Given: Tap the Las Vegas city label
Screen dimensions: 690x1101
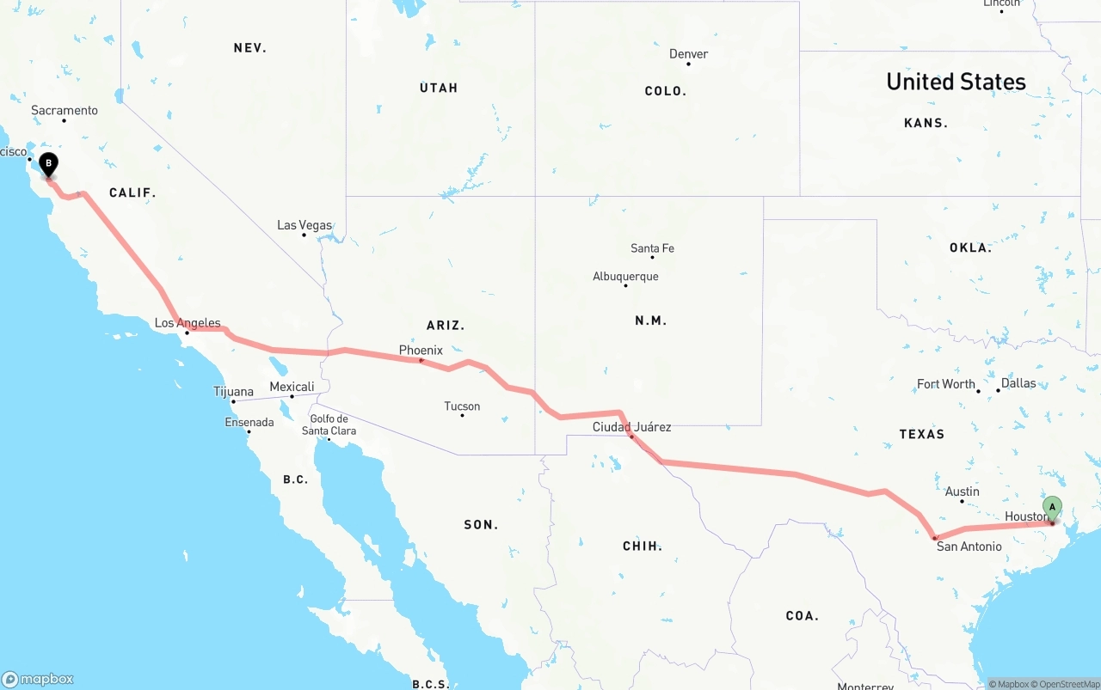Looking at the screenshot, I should tap(304, 225).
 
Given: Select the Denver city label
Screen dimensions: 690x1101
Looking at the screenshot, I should tap(689, 54).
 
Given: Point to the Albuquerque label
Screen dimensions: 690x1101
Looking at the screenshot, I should tap(625, 277).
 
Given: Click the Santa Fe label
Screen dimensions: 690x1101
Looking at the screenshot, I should tap(652, 248).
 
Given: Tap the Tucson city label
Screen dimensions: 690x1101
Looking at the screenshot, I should tap(462, 406).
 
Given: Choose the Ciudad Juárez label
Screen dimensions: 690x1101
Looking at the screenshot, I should tap(631, 427).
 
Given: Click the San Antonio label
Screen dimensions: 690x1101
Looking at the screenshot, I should tap(969, 547).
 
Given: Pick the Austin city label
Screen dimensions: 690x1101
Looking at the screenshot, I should tap(962, 492).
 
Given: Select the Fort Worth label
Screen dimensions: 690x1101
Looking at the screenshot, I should tap(945, 384).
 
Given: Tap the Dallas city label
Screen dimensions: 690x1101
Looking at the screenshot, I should tap(1018, 383).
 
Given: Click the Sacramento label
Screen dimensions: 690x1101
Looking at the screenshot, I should tap(65, 110).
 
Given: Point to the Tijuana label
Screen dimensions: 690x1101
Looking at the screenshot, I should tap(233, 392).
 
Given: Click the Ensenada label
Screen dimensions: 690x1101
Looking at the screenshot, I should tap(249, 422).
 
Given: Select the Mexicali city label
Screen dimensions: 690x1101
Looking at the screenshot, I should tap(292, 387).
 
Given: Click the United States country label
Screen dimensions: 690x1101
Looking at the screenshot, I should tap(956, 82).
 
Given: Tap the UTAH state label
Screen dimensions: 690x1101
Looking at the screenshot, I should tap(439, 88).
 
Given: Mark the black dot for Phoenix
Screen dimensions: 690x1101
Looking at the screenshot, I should tap(421, 360).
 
